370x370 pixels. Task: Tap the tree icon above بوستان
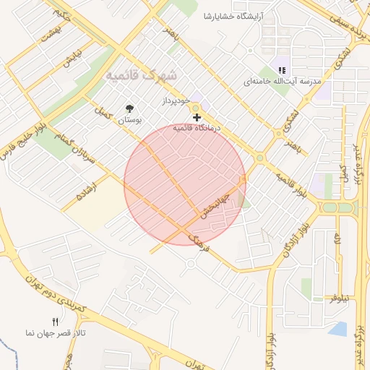[129, 107]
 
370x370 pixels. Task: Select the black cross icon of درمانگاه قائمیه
[197, 117]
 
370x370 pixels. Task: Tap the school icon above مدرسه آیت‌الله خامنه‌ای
[282, 71]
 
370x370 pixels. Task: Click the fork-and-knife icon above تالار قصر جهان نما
[55, 321]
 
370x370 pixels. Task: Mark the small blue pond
[337, 330]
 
